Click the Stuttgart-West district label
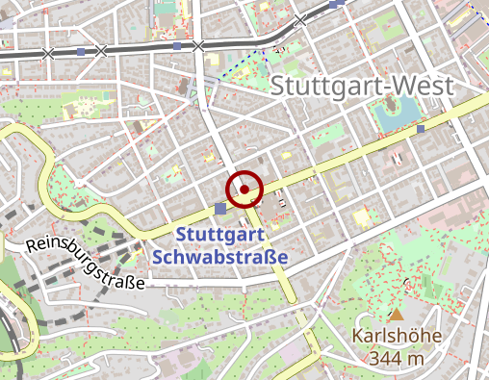click(361, 85)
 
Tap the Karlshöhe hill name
click(397, 338)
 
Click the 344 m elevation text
click(397, 359)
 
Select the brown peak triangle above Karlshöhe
click(397, 315)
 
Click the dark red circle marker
click(244, 190)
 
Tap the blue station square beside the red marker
click(221, 208)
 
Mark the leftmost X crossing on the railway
click(48, 53)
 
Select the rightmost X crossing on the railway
click(300, 19)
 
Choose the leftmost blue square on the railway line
click(80, 51)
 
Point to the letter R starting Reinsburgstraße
click(32, 244)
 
